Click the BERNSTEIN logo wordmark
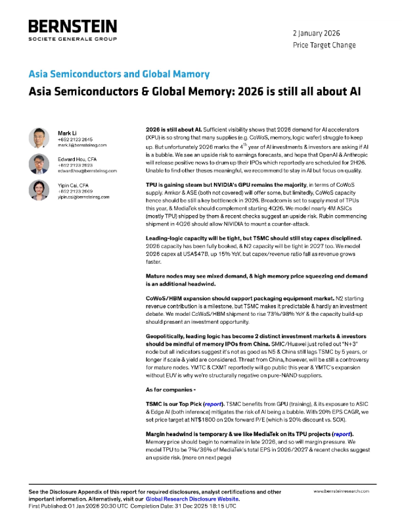tap(72, 28)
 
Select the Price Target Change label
tap(323, 45)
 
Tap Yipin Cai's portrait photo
tap(39, 189)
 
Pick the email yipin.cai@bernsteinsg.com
tap(83, 196)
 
